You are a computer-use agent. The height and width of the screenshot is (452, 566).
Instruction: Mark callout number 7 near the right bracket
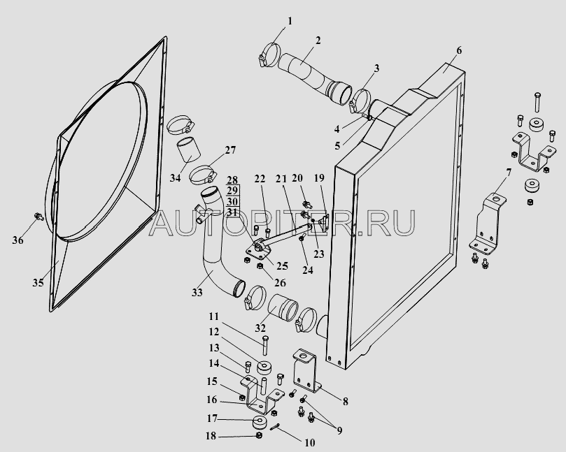(x=509, y=173)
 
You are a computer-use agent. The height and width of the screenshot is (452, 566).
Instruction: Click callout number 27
(x=230, y=150)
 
